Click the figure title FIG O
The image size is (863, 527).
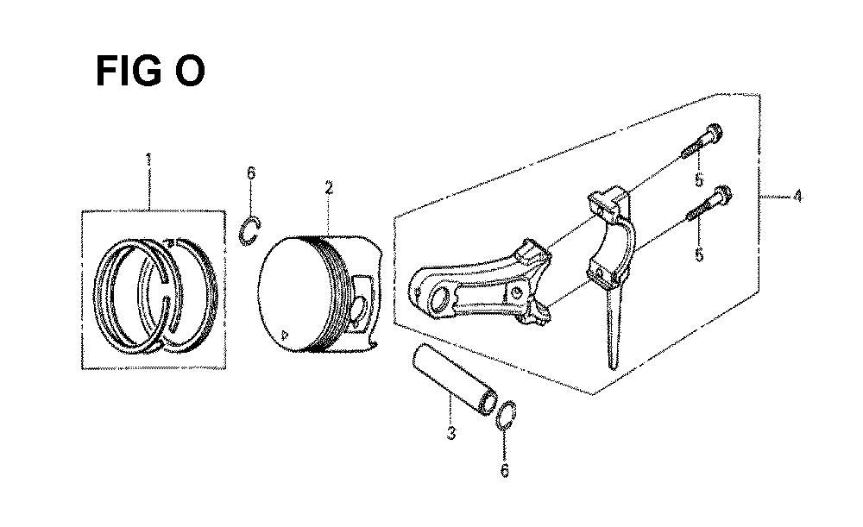[149, 72]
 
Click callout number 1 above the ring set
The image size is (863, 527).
[148, 160]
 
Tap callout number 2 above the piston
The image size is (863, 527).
[329, 187]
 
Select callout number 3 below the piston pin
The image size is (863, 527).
[450, 433]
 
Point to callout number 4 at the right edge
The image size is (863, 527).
[797, 196]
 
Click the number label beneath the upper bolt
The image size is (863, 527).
[699, 179]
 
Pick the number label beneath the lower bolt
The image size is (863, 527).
[699, 254]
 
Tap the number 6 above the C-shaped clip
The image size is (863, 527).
[251, 173]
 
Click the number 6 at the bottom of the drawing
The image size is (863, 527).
[504, 470]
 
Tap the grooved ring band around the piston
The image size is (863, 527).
[332, 294]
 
